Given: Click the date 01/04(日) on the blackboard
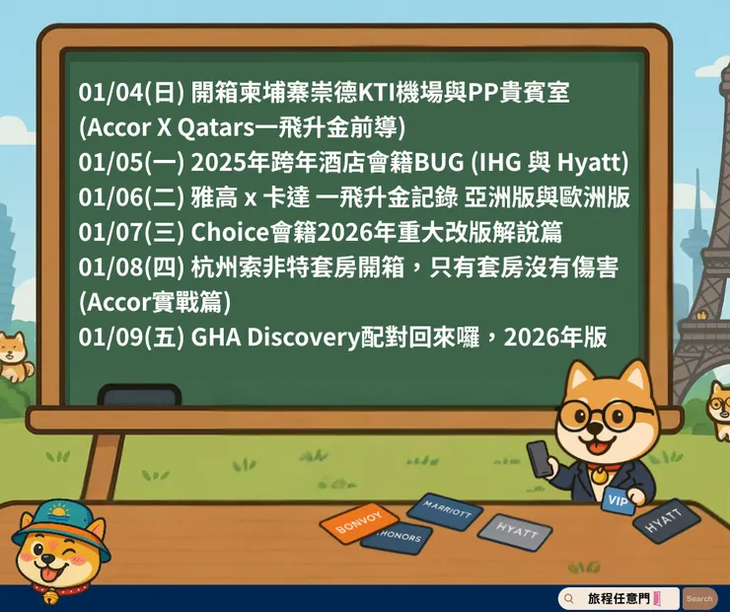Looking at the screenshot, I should (131, 93).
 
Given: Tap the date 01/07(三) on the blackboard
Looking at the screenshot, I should (131, 233).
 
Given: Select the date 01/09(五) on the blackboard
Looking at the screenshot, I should (131, 338).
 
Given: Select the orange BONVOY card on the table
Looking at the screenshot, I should (358, 523).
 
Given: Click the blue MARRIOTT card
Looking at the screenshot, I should (445, 510).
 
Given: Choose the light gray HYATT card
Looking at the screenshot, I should (517, 531).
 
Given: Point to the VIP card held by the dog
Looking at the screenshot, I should (618, 500).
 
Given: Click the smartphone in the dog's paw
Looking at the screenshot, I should (541, 458).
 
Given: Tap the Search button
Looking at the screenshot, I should (699, 598).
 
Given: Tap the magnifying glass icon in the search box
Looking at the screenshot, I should (570, 598).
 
